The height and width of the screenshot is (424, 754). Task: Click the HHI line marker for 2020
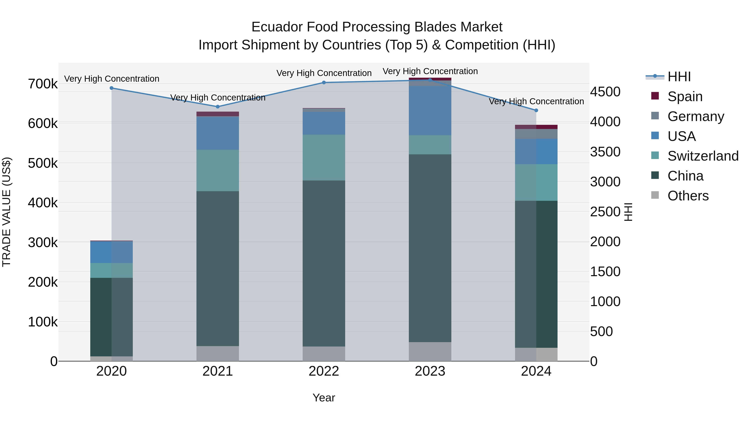click(111, 88)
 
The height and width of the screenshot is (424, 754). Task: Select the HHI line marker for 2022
click(324, 82)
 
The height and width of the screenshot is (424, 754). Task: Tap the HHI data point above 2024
click(536, 110)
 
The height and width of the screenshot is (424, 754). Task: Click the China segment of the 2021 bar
click(217, 268)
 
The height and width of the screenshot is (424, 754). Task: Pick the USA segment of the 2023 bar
click(430, 111)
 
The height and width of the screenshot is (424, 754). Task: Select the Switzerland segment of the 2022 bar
click(324, 157)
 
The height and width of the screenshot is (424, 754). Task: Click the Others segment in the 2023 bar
click(430, 351)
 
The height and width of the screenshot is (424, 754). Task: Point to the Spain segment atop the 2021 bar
click(217, 114)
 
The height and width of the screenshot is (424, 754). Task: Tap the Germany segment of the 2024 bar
click(536, 134)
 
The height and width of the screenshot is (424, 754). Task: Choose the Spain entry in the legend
click(685, 96)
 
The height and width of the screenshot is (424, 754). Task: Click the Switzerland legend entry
click(702, 156)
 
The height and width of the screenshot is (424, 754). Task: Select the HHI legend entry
click(679, 77)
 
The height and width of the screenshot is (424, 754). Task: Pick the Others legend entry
click(688, 196)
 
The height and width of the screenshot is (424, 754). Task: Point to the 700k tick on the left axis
click(43, 84)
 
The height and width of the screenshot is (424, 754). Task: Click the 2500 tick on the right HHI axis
click(605, 212)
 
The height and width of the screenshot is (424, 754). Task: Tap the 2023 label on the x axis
click(430, 371)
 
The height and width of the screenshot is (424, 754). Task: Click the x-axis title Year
click(324, 398)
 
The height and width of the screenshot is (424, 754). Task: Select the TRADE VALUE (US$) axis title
click(7, 212)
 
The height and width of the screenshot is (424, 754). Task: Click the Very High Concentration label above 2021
click(218, 97)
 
